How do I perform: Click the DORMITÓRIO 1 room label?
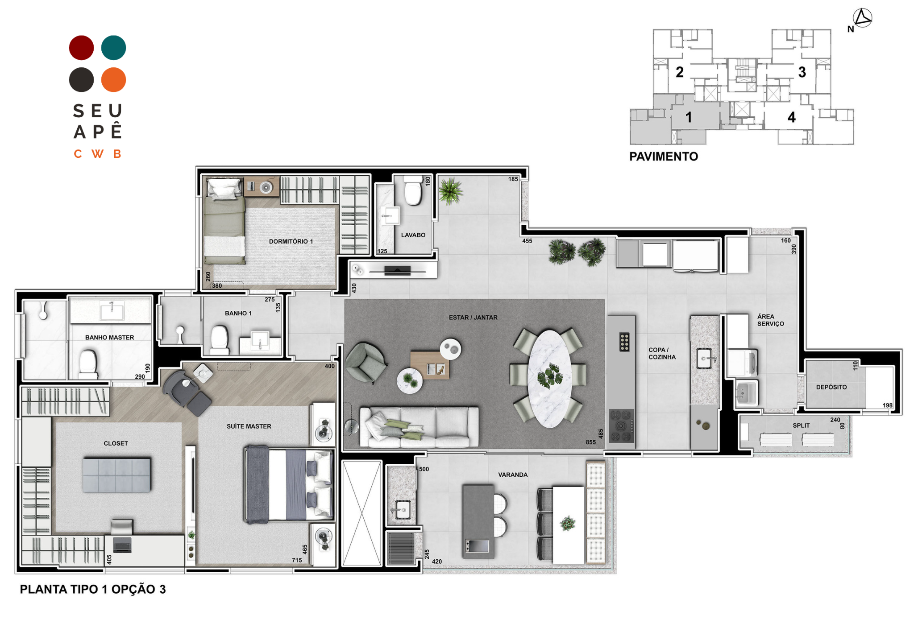[x=291, y=241]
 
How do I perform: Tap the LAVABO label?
[x=413, y=235]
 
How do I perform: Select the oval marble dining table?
[x=549, y=379]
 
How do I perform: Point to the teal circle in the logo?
[x=113, y=48]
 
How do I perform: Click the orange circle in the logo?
[x=113, y=80]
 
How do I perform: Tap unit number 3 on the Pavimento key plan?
[x=802, y=72]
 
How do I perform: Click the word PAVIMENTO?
[x=664, y=157]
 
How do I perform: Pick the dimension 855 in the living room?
[x=590, y=442]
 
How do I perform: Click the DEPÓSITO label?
[x=831, y=387]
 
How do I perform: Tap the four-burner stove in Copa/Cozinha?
[x=621, y=425]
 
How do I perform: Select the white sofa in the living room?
[x=419, y=427]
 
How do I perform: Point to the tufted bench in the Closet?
[x=116, y=475]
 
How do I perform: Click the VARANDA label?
[x=513, y=475]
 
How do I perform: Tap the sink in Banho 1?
[x=260, y=341]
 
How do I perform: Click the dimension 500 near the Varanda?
[x=424, y=469]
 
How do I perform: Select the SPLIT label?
[x=801, y=425]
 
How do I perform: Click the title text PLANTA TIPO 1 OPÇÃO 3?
[x=93, y=590]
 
